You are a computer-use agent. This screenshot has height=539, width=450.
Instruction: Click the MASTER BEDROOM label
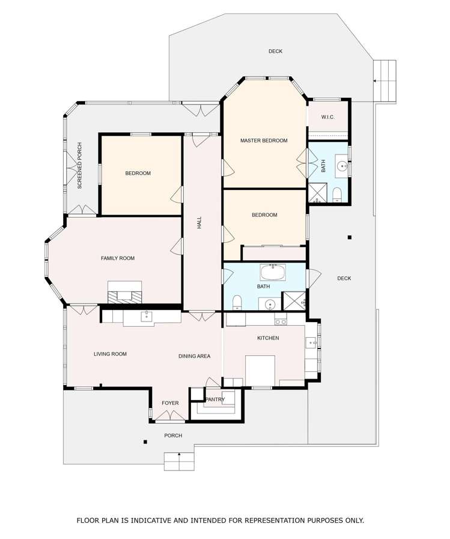coord(264,141)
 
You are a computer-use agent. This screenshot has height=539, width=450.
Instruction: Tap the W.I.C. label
coord(327,117)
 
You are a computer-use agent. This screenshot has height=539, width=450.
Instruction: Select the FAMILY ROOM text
coord(118,258)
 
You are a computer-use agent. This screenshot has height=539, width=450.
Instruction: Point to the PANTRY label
coord(215,400)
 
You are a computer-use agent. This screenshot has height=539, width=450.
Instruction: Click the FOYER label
coord(170,403)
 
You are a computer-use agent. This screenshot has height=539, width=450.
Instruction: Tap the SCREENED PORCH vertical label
coord(80,166)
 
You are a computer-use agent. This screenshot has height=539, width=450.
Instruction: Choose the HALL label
coord(199,223)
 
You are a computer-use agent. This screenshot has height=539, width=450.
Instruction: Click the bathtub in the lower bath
coord(273,272)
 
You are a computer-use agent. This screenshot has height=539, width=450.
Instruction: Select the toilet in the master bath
coord(336,195)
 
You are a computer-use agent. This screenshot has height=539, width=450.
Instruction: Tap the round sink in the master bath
coord(342,166)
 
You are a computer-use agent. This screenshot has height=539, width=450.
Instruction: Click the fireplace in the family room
coord(124,293)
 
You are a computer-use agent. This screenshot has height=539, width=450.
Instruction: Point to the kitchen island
coord(260,371)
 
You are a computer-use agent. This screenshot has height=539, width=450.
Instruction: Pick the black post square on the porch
coord(145,442)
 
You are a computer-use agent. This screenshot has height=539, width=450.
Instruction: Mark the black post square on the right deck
coord(350,237)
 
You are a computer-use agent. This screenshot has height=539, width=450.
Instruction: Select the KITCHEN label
coord(268,338)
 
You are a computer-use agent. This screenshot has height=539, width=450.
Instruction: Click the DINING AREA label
coord(194,356)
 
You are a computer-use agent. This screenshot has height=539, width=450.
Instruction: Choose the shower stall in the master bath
coord(315,194)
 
